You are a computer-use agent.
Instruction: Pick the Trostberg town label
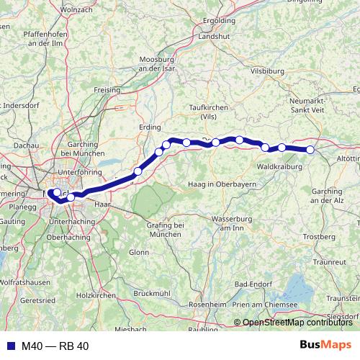click(320, 235)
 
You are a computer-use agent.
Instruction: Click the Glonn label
click(138, 252)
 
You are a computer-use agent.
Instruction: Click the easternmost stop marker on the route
click(310, 150)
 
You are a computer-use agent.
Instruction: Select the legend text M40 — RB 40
click(55, 346)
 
